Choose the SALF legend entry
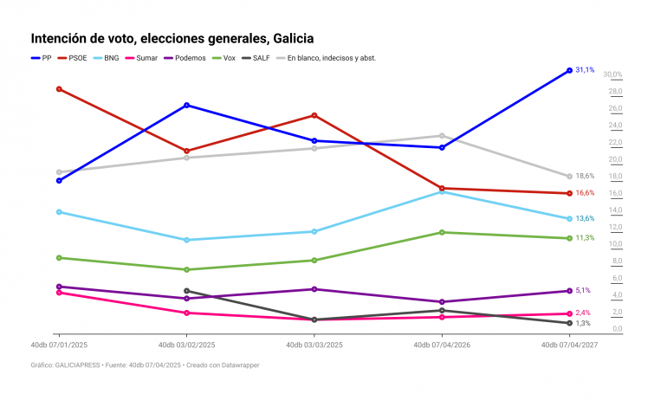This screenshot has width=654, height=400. tap(263, 57)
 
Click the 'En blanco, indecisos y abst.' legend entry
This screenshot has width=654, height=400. tap(330, 57)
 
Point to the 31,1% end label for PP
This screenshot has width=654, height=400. tap(585, 70)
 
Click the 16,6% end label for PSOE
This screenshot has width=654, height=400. tap(585, 193)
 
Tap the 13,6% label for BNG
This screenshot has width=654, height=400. tap(585, 219)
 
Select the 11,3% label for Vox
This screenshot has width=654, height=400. tap(585, 238)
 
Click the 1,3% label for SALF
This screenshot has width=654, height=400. tap(583, 323)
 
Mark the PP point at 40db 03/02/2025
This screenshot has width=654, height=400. tap(186, 105)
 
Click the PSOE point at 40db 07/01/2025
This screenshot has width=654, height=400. tap(59, 89)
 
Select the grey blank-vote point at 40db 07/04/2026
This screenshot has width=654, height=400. tap(442, 136)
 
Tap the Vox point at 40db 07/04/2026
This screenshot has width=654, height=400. tap(442, 232)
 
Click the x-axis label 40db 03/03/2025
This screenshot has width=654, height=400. tap(314, 345)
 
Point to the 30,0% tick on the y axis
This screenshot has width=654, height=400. tap(612, 75)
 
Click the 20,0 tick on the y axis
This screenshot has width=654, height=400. tap(615, 160)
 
